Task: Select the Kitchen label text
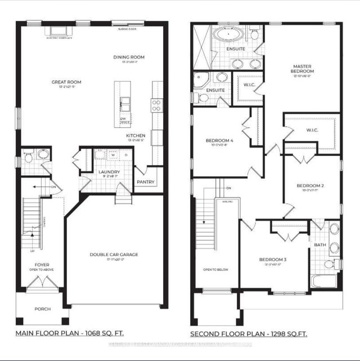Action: point(136,136)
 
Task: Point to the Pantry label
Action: point(146,182)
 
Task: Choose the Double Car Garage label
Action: point(114,255)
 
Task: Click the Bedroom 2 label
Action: point(310,185)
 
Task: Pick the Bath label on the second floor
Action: point(319,244)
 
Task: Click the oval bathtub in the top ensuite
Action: point(228,35)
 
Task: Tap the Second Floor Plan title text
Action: point(249,334)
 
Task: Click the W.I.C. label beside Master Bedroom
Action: point(250,85)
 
